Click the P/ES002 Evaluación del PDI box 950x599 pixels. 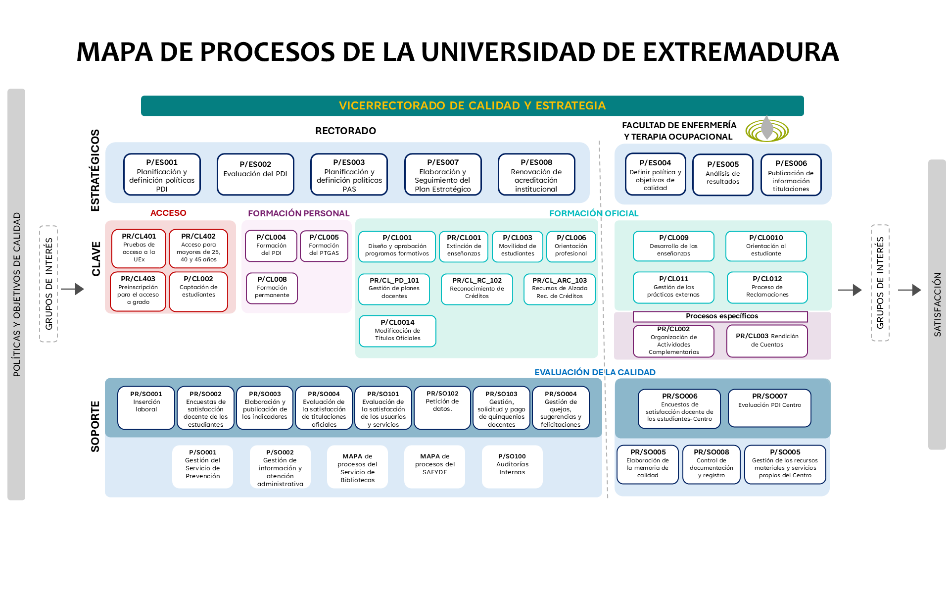[x=255, y=174]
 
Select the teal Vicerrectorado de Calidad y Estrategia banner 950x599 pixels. [x=472, y=105]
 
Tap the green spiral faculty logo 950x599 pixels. [x=767, y=130]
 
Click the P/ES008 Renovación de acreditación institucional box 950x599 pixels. [x=536, y=174]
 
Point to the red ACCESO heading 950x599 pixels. [x=168, y=213]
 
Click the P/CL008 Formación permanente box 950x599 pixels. [x=272, y=288]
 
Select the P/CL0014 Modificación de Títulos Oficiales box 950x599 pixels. [x=397, y=331]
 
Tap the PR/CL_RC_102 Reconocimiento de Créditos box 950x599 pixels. [x=477, y=289]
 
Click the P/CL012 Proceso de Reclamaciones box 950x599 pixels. [x=767, y=287]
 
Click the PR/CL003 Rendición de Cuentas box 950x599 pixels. [x=767, y=341]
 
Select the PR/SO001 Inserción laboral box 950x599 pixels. [x=146, y=408]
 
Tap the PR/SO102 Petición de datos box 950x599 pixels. [x=442, y=408]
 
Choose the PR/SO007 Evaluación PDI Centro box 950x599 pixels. [x=769, y=407]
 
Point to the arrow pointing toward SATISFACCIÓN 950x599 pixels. [x=909, y=290]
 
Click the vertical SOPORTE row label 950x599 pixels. [x=95, y=426]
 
